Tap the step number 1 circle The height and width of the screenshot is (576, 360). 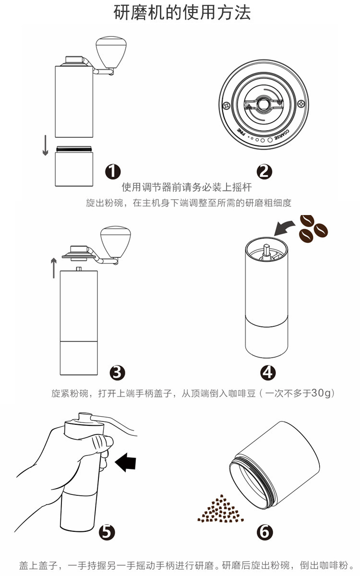(113, 171)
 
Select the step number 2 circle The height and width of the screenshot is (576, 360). (264, 171)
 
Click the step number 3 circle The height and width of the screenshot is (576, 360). (118, 372)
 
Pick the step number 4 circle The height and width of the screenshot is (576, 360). (268, 372)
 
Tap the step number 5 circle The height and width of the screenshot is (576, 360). (107, 531)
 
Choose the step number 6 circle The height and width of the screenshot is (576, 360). (264, 531)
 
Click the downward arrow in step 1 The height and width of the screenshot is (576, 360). (45, 145)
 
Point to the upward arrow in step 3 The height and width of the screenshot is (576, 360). (53, 267)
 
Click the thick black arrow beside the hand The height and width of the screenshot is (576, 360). (126, 462)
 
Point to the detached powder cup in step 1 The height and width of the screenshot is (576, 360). (74, 167)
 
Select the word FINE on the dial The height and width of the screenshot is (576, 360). (240, 131)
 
